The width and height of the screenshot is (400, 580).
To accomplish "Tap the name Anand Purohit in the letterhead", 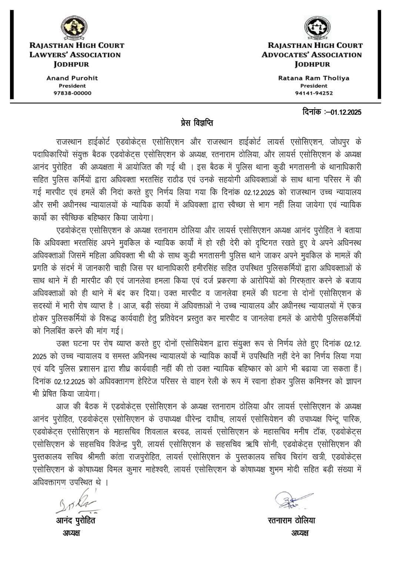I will [x=72, y=78].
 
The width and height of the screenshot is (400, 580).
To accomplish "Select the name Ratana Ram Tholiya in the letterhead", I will [x=314, y=78].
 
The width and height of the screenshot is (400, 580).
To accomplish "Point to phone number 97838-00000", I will [x=73, y=93].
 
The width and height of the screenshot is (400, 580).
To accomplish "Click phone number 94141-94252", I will [x=314, y=93].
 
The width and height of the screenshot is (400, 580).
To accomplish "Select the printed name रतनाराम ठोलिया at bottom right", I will [x=291, y=520].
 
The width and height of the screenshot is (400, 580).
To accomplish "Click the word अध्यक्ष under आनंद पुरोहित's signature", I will [x=71, y=533].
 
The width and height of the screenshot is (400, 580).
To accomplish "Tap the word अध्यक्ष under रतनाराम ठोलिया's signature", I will [x=300, y=533].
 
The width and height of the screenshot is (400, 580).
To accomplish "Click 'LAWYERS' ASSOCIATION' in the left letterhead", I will [x=76, y=55].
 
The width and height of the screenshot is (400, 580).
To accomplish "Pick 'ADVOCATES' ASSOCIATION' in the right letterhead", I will [x=311, y=55].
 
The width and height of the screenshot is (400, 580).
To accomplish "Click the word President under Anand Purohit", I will [x=72, y=86].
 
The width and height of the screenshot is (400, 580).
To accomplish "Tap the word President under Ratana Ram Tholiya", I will [x=314, y=86].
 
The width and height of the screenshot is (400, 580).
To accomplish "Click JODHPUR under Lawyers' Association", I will [x=71, y=64].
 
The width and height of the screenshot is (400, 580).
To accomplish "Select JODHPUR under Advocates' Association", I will [x=312, y=64].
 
